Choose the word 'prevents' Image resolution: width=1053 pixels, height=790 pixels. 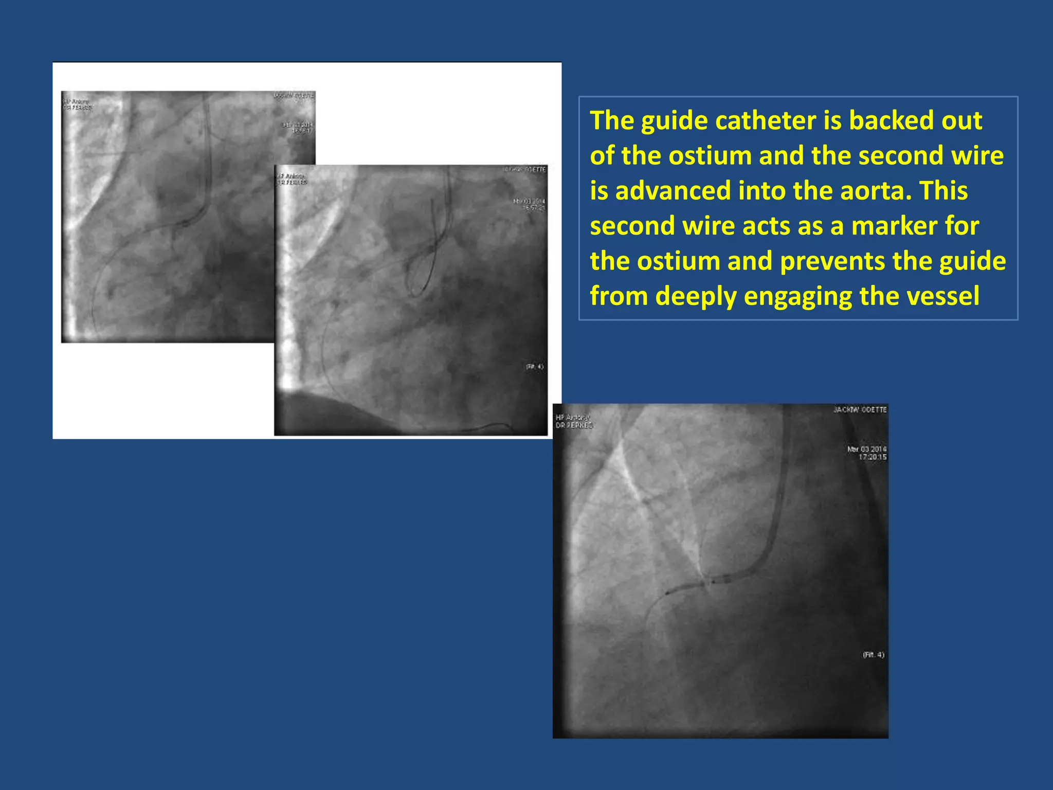pyautogui.click(x=832, y=261)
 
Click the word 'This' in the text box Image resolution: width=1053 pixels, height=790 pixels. pyautogui.click(x=943, y=191)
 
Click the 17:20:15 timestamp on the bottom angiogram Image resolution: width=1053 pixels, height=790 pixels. pyautogui.click(x=872, y=457)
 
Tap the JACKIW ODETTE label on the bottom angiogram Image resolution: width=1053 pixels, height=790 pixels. pyautogui.click(x=860, y=410)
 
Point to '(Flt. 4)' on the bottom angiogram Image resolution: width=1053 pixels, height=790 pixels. pyautogui.click(x=873, y=655)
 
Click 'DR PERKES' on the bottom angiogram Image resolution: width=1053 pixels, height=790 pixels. pyautogui.click(x=574, y=426)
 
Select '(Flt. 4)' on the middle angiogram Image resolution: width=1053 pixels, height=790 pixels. pyautogui.click(x=535, y=367)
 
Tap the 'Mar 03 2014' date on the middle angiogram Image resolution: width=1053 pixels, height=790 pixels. pyautogui.click(x=529, y=201)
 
